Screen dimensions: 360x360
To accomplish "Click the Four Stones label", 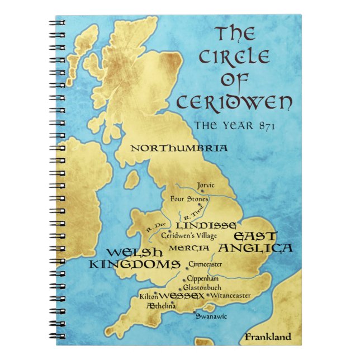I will pyautogui.click(x=190, y=198).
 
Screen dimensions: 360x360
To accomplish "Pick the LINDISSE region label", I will pyautogui.click(x=205, y=225).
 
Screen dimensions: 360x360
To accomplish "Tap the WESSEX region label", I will pyautogui.click(x=181, y=295).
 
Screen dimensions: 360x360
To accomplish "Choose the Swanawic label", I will pyautogui.click(x=210, y=316).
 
